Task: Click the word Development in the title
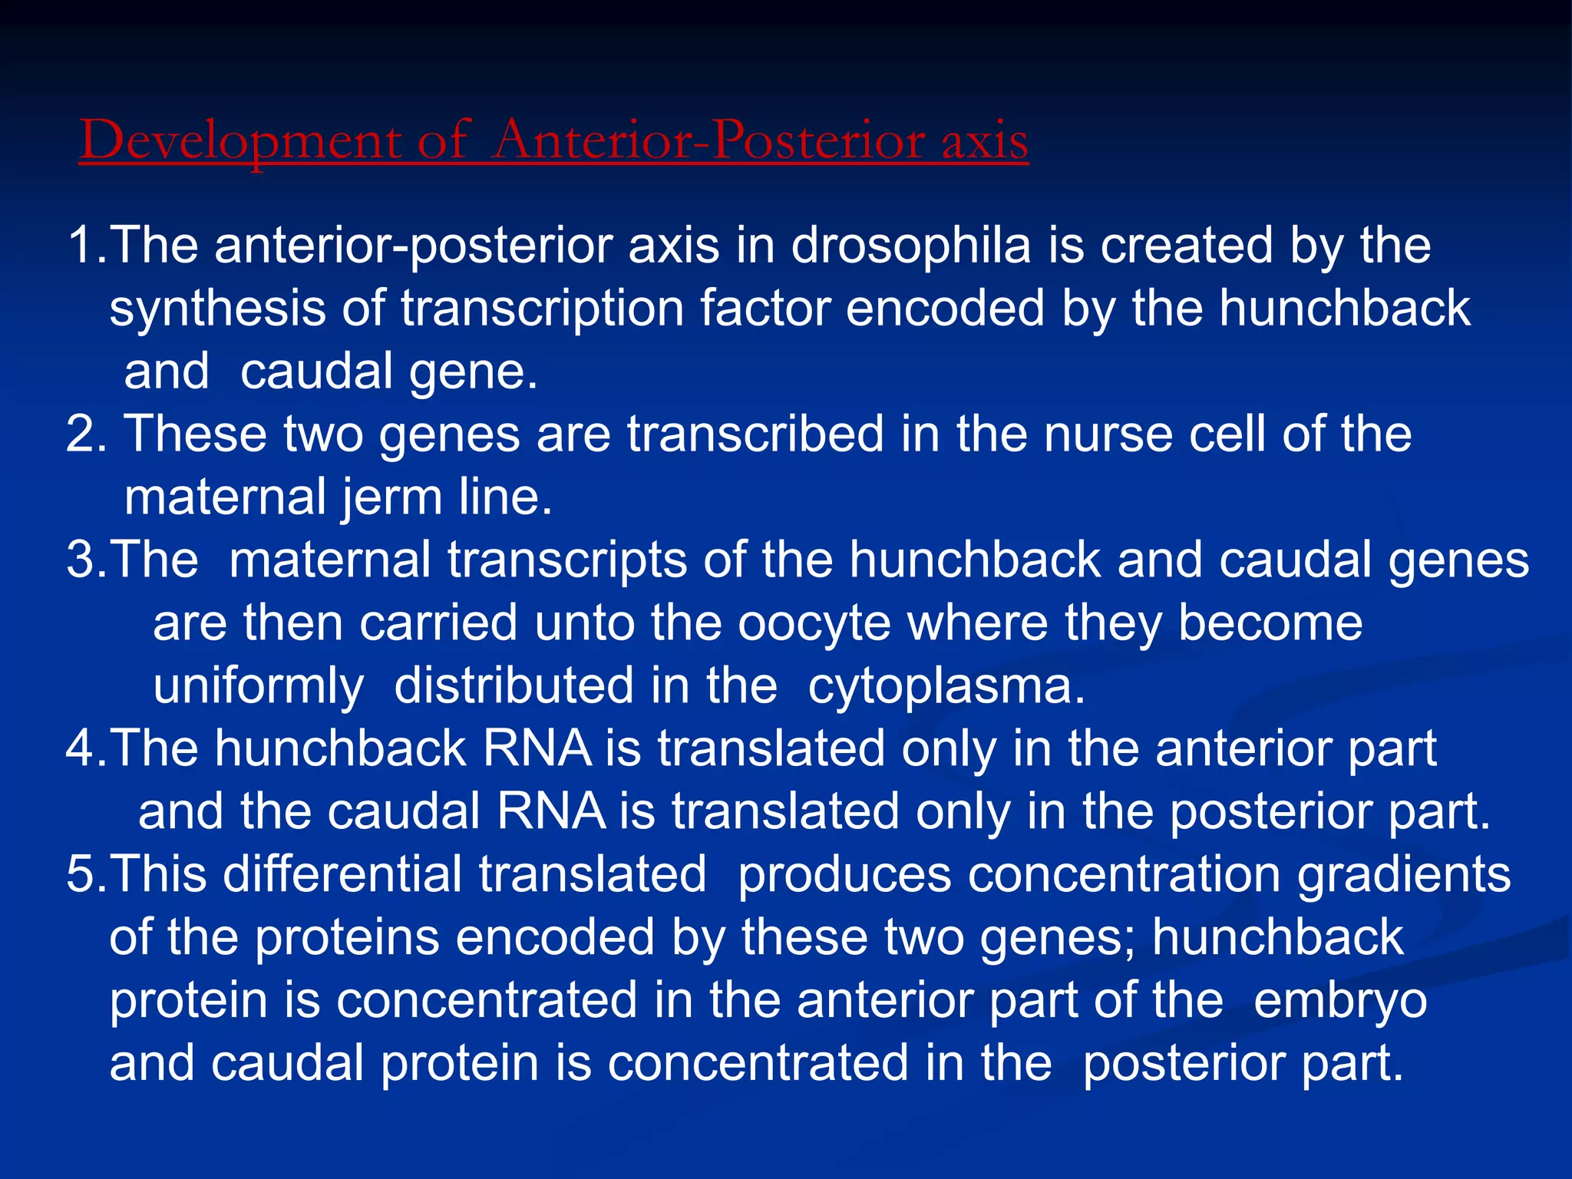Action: [239, 142]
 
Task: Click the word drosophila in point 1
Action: [910, 246]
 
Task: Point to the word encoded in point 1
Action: [945, 309]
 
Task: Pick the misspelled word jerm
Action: [383, 497]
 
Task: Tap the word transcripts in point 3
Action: [566, 560]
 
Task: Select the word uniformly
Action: [258, 685]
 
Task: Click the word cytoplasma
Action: [946, 685]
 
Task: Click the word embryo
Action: [1340, 1000]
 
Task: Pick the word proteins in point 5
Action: [346, 937]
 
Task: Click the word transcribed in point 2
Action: [755, 434]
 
